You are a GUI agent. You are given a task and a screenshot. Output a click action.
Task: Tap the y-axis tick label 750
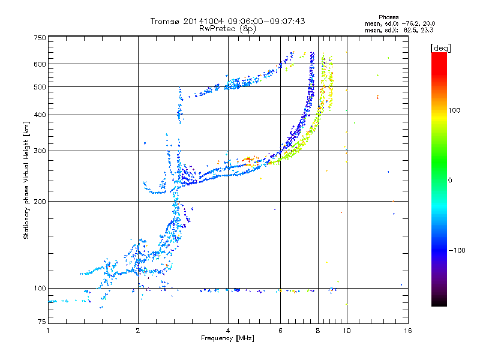click(39, 38)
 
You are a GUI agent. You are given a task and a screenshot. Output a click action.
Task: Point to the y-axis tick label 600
click(39, 64)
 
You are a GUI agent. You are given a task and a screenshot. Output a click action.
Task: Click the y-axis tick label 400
click(39, 115)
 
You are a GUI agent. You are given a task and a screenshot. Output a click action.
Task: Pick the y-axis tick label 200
click(39, 201)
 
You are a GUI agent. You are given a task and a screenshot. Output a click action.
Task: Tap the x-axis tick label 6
click(281, 331)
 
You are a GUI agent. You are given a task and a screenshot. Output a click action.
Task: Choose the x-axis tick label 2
click(138, 331)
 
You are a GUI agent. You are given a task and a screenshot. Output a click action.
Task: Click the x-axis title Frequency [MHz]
click(227, 338)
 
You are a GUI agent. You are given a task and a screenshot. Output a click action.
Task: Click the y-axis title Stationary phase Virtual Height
click(26, 180)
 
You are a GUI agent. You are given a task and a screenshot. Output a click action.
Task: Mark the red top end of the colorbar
click(439, 55)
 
